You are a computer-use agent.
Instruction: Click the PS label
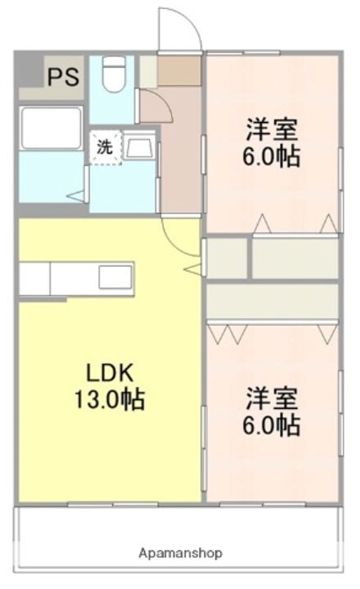click(63, 77)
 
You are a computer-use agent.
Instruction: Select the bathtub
click(51, 128)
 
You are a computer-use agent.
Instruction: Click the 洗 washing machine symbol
click(106, 147)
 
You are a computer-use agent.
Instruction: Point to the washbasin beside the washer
click(139, 147)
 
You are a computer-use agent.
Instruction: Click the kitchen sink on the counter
click(115, 277)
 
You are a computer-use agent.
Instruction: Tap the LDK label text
click(110, 373)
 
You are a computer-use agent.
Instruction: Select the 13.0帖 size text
click(110, 400)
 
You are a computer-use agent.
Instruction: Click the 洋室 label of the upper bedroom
click(272, 129)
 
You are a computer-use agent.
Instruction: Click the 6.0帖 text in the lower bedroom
click(272, 425)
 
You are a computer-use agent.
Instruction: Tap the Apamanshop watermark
click(180, 553)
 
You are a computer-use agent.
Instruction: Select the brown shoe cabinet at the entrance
click(179, 70)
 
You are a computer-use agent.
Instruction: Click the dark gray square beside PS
click(31, 70)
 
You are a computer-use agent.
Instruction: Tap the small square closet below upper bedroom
click(227, 258)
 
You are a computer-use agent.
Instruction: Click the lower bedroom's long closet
click(272, 301)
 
